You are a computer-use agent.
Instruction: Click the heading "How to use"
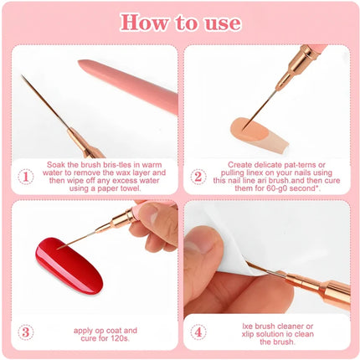[180, 23]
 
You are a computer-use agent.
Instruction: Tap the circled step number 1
[26, 177]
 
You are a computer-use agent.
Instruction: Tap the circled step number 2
[198, 177]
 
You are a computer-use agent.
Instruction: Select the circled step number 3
[26, 332]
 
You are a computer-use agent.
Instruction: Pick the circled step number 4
[198, 332]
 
